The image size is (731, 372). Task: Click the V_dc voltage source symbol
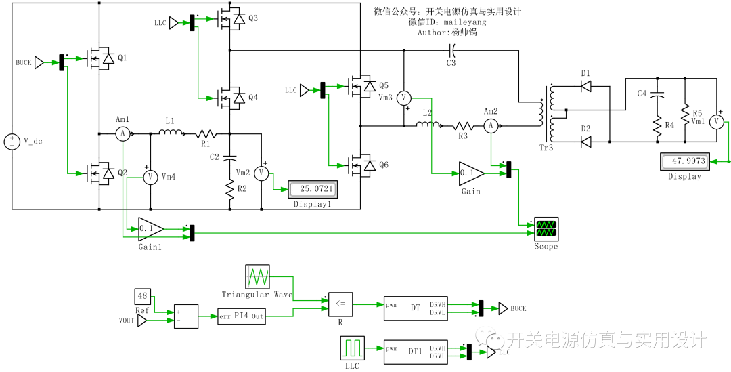coord(12,142)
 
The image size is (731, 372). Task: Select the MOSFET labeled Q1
coord(99,59)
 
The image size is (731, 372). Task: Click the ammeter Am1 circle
coord(123,135)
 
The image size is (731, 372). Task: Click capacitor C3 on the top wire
coord(451,49)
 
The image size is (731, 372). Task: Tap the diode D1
coord(586,86)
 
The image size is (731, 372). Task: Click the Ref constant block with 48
coord(142,296)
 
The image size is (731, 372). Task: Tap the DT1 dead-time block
coord(415,351)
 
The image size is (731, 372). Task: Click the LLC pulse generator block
coord(353,348)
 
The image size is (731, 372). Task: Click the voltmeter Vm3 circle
coord(404,98)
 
